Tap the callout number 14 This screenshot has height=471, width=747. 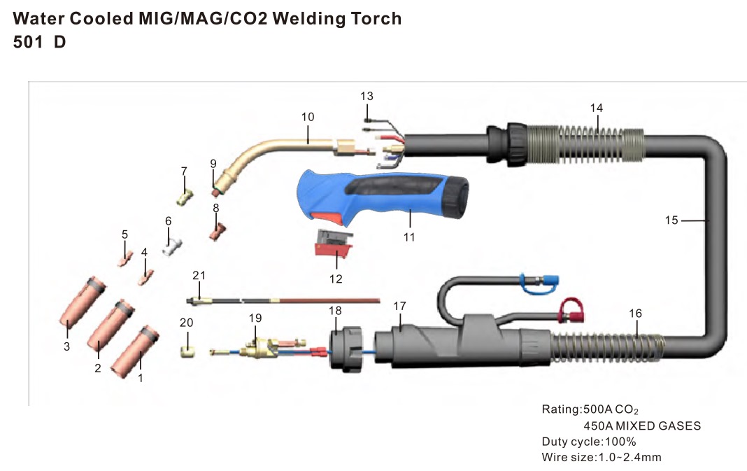596,108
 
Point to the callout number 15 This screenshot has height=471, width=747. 671,220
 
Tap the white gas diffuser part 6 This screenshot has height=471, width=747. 172,247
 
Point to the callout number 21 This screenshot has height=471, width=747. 199,274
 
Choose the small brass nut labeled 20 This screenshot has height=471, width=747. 187,348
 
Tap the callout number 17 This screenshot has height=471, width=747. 399,306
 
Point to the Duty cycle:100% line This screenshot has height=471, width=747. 589,442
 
